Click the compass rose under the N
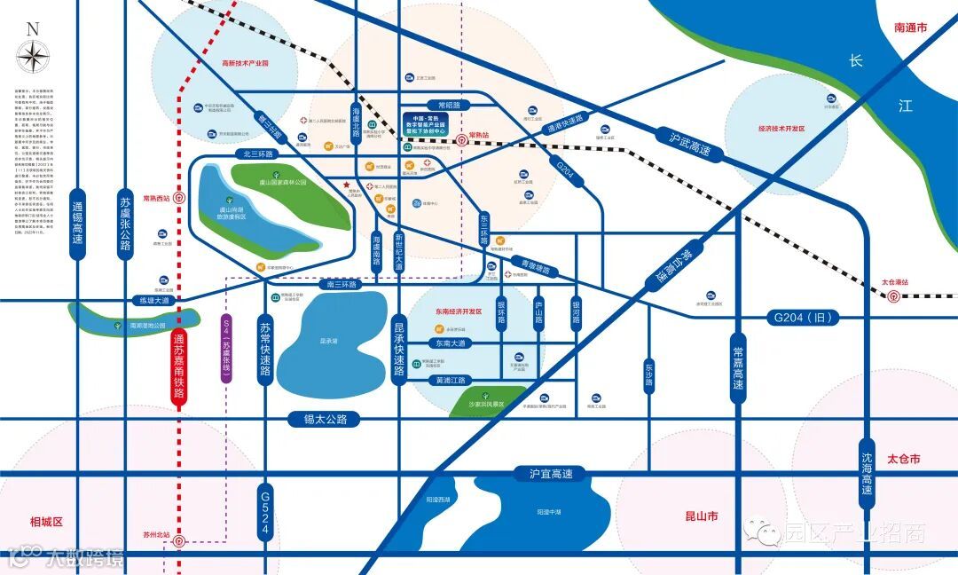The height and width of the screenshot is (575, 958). [x=33, y=58]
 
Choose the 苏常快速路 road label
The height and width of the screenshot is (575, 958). [x=264, y=351]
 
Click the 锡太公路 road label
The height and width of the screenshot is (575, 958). [x=326, y=419]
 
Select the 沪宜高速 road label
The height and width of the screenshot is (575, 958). [x=552, y=474]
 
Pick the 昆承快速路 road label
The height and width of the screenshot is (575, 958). [x=399, y=350]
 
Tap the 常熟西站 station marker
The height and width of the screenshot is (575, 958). [x=180, y=199]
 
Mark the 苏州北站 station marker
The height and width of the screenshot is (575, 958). [x=179, y=540]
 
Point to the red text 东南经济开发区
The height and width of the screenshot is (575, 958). [x=459, y=311]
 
